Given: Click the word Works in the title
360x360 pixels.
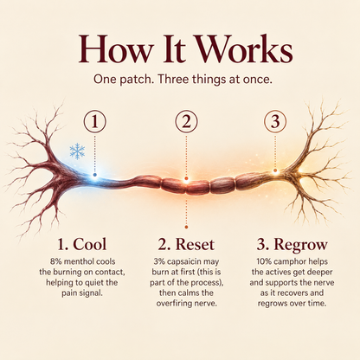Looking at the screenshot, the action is tap(245, 49).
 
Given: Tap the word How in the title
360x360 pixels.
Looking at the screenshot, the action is tap(115, 49).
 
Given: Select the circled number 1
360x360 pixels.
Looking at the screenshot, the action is tap(95, 122).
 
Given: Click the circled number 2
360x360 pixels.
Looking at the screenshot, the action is tap(186, 122).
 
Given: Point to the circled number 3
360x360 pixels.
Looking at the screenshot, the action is tap(275, 122).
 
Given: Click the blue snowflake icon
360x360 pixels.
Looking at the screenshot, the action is tap(77, 151).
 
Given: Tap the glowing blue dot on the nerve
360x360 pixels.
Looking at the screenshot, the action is tap(95, 175).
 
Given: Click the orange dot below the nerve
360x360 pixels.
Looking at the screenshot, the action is tap(186, 228).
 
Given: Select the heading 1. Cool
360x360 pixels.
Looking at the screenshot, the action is tap(82, 244).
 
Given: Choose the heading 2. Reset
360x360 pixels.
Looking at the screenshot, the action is tap(186, 245).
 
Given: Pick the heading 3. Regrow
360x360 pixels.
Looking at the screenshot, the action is tap(292, 245).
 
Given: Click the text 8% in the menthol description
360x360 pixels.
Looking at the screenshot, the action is tap(55, 261).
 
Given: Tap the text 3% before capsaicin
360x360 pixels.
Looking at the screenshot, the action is tap(159, 261).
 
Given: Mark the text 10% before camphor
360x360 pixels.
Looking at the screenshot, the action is tap(264, 261).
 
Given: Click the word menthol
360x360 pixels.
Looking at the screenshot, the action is tap(79, 261).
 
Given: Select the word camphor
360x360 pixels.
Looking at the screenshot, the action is tap(286, 262).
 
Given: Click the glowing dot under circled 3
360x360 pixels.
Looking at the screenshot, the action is tap(275, 170).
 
